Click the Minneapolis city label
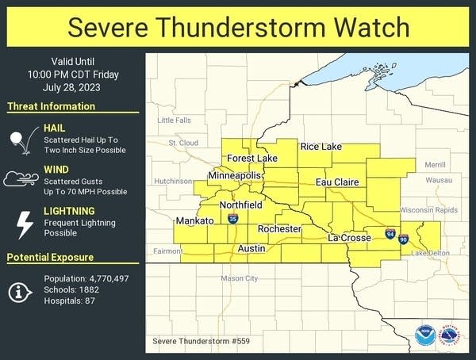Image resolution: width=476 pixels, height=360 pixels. click(235, 174)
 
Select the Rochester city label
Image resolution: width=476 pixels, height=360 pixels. click(279, 229)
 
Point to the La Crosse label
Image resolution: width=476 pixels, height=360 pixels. click(350, 238)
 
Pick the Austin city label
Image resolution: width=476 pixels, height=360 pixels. click(252, 248)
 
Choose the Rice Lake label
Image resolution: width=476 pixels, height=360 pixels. click(321, 147)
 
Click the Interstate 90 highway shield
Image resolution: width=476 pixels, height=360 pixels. click(405, 239)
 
